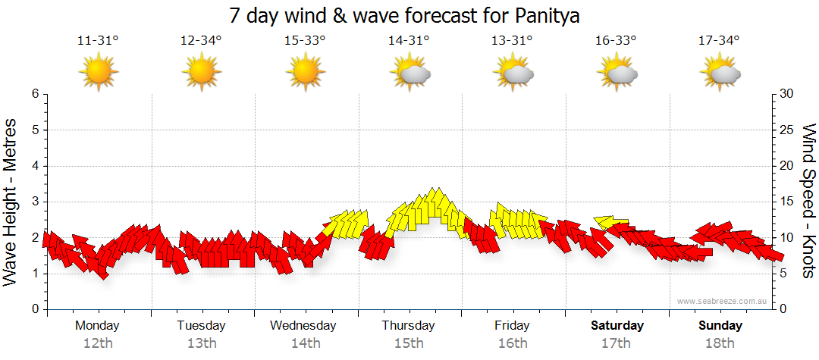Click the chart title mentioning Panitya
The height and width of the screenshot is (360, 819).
tap(409, 16)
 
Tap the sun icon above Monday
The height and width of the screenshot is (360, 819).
tap(99, 73)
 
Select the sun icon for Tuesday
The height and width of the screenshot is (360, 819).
tap(202, 73)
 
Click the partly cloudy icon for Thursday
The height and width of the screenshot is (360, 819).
tap(410, 73)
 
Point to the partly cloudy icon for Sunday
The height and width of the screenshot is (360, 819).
tap(720, 73)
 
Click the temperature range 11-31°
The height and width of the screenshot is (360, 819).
tap(99, 41)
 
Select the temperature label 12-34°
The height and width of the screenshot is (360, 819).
tap(202, 41)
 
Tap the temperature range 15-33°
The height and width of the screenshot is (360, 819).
tap(305, 41)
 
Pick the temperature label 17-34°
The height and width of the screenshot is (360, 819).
tap(719, 41)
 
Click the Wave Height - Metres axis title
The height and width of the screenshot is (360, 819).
tap(11, 202)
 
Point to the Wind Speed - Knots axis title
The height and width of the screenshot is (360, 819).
tap(808, 202)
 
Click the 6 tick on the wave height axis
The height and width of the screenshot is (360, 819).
tap(34, 94)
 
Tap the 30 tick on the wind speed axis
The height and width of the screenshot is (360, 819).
tap(787, 94)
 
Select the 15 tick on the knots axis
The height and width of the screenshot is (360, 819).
tap(787, 202)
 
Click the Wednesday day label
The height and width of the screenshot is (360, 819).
tap(303, 326)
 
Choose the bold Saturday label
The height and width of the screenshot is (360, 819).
tap(617, 326)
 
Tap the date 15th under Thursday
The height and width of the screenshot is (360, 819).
tap(409, 343)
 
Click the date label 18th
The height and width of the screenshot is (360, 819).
tap(720, 343)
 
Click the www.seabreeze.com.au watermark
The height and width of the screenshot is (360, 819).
tap(723, 302)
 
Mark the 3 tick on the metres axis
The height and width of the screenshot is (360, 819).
tap(34, 202)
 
